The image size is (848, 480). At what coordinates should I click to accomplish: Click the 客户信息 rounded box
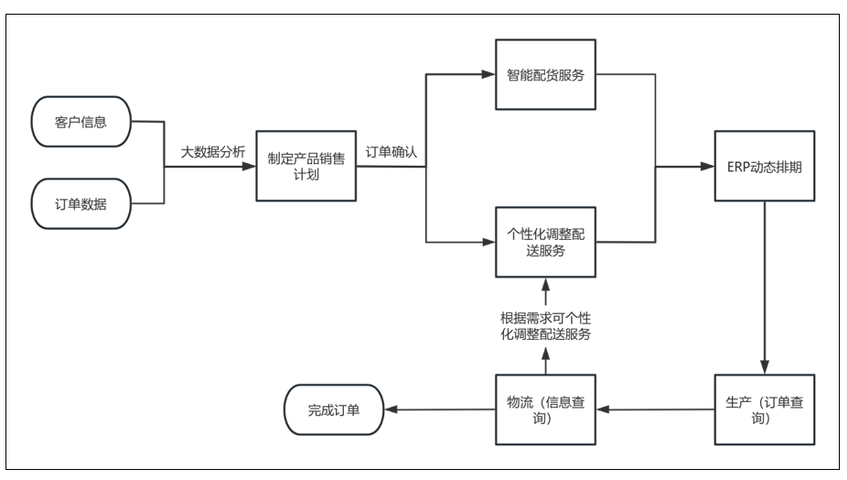pos(81,123)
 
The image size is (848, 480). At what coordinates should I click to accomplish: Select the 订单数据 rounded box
pos(81,203)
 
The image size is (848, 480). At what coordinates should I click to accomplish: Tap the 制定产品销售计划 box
pos(306,166)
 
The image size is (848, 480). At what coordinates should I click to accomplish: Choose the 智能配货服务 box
pos(546,76)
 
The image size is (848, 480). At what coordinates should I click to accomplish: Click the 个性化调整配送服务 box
pos(546,242)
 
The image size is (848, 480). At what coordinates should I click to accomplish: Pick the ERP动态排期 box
pos(765,167)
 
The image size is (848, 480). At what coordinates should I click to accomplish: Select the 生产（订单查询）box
pos(765,409)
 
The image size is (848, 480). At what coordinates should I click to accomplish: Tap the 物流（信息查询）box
pos(546,409)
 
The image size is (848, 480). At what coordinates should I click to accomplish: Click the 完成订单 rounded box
pos(334,409)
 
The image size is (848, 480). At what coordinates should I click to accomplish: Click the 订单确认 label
pos(392,152)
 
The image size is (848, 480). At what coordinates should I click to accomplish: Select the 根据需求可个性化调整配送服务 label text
pos(545,326)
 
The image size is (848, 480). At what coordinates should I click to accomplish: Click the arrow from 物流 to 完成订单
pos(439,409)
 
